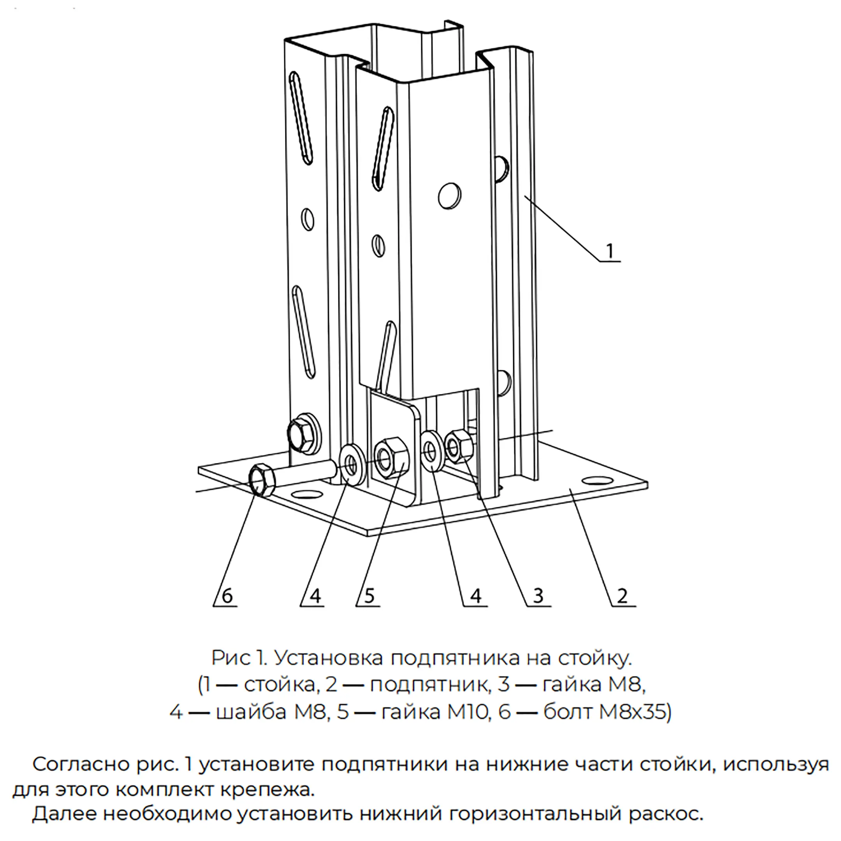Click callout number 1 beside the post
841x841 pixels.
pyautogui.click(x=610, y=251)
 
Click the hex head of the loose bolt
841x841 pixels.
pyautogui.click(x=262, y=480)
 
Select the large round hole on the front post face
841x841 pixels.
pyautogui.click(x=450, y=195)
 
